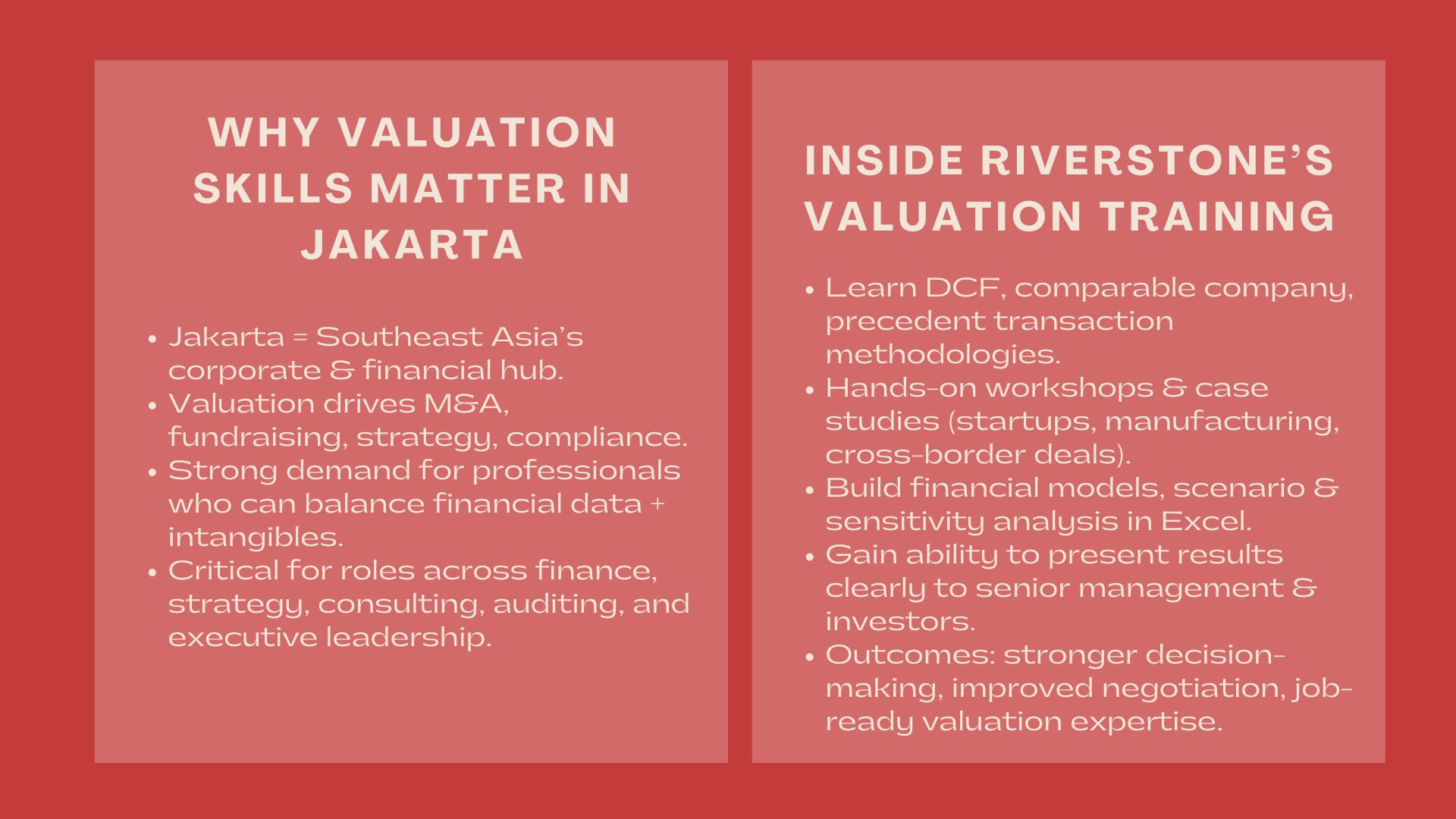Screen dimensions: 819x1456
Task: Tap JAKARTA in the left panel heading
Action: click(x=413, y=244)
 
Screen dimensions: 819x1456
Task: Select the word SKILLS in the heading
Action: click(x=272, y=188)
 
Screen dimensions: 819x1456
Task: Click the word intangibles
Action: click(x=256, y=537)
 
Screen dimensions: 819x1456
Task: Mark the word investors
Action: click(x=899, y=621)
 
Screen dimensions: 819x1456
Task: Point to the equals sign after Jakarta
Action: click(x=300, y=337)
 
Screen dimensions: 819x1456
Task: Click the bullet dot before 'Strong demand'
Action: click(x=152, y=472)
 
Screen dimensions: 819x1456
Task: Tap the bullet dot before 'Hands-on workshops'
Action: click(x=810, y=389)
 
